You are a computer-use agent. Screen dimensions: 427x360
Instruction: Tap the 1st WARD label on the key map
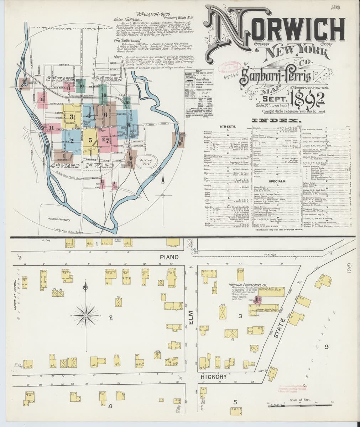pos(94,166)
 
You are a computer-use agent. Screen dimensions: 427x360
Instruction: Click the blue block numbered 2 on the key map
pos(72,141)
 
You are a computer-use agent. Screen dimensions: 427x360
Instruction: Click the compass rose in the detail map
pos(86,315)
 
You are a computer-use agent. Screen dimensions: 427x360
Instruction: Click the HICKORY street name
pos(214,376)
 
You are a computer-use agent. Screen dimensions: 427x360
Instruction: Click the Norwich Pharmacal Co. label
pos(248,285)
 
